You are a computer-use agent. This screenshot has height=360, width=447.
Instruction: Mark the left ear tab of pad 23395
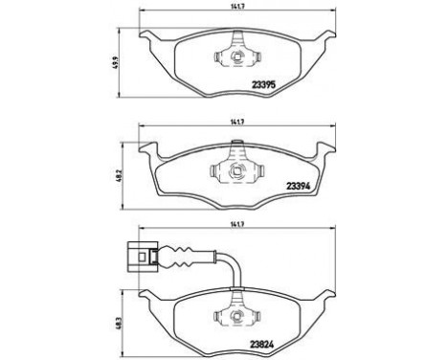click(152, 40)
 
